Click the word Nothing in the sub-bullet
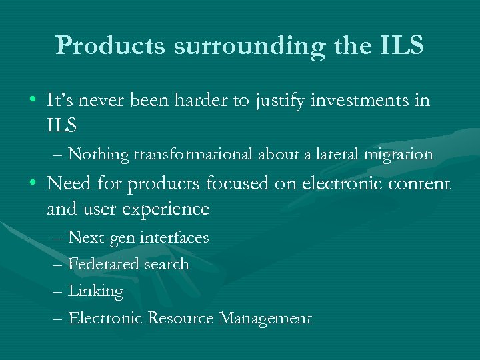99,155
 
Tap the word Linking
96,291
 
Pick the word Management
265,319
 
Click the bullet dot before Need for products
33,184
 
